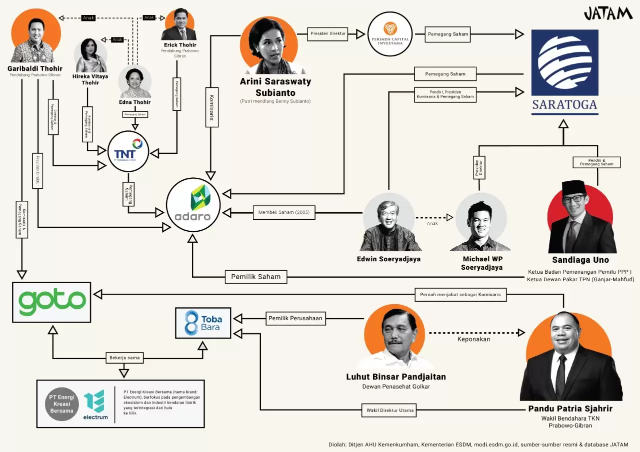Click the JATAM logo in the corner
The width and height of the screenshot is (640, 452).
(x=608, y=13)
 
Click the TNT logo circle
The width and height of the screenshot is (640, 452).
(x=128, y=151)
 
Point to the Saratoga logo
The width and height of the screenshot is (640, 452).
(x=564, y=72)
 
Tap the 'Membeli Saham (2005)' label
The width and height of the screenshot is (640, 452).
(x=284, y=213)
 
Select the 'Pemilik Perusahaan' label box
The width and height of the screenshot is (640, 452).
(x=296, y=318)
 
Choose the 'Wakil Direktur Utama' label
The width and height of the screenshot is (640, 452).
(x=387, y=411)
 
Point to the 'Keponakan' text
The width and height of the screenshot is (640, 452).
(x=473, y=339)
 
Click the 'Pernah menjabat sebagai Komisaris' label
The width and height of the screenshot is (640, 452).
(x=460, y=295)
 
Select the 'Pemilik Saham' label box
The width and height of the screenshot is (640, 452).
(x=255, y=277)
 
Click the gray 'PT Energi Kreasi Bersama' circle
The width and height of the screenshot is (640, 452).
(x=62, y=404)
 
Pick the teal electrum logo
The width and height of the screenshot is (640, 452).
(x=95, y=404)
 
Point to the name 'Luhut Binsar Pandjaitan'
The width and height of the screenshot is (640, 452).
(x=396, y=377)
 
